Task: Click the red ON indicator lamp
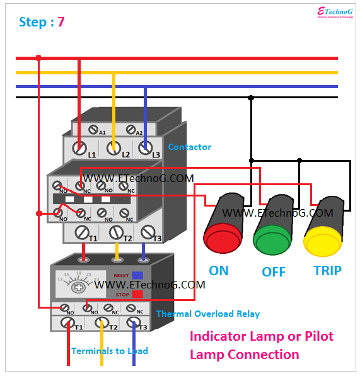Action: pos(219,240)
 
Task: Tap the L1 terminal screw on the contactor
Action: pos(80,149)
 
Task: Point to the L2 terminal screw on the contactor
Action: pos(114,149)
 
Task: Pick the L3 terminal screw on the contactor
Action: pos(146,149)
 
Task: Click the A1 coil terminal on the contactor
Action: pos(94,130)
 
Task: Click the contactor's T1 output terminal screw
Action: pos(81,232)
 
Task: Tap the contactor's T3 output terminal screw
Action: pos(148,232)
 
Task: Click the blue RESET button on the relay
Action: pos(137,275)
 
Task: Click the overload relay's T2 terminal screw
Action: pos(100,324)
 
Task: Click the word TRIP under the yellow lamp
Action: pos(327,271)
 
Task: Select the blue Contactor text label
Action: pos(189,147)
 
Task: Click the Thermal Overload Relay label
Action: pos(207,314)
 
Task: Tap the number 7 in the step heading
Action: pos(61,22)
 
